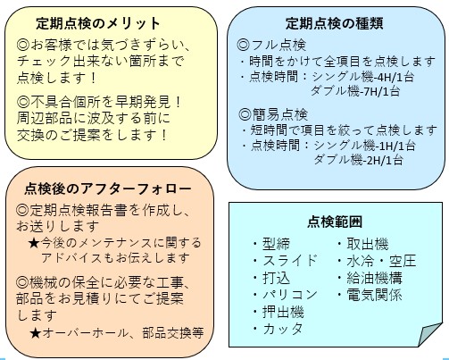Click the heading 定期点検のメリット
98,23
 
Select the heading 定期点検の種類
335,23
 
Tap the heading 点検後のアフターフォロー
108,188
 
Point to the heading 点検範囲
335,222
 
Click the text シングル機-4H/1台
363,77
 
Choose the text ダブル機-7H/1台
355,91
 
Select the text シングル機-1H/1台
364,146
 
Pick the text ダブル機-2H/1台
359,160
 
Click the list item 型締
276,244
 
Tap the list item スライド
290,261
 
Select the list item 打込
276,278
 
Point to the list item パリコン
290,295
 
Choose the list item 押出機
283,312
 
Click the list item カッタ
283,329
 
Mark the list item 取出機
368,244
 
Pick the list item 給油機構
374,278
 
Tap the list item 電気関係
374,295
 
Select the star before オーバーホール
35,332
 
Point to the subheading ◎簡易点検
273,115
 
